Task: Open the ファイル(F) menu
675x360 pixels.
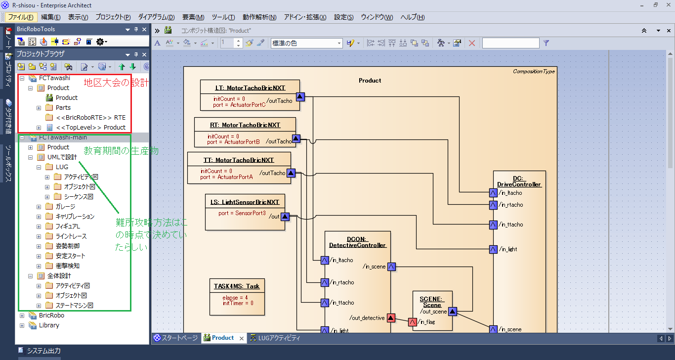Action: pos(20,17)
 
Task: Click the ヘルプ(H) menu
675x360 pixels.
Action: pos(412,17)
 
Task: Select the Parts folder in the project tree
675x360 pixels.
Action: pos(63,108)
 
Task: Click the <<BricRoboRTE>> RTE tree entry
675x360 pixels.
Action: pos(91,118)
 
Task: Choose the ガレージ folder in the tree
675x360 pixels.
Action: pos(65,207)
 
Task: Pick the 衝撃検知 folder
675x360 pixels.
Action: pos(68,266)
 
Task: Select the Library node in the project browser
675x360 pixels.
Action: pos(49,325)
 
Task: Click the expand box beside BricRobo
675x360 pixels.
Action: pos(22,315)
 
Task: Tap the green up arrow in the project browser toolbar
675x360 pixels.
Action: pos(122,67)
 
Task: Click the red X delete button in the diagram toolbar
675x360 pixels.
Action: pos(472,43)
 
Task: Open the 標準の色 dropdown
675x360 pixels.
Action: pos(307,43)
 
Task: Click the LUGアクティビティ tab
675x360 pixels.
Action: pos(275,338)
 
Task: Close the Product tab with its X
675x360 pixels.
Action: pos(241,338)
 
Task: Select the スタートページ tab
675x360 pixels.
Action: pos(176,338)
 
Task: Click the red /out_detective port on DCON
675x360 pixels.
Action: pos(391,317)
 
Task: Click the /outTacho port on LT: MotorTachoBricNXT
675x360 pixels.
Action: pos(300,97)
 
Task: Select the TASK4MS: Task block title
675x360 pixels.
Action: pos(237,286)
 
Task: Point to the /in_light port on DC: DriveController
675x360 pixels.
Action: pos(493,249)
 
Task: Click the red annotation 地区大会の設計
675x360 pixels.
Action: pos(116,83)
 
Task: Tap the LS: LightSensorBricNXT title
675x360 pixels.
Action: pos(245,202)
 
